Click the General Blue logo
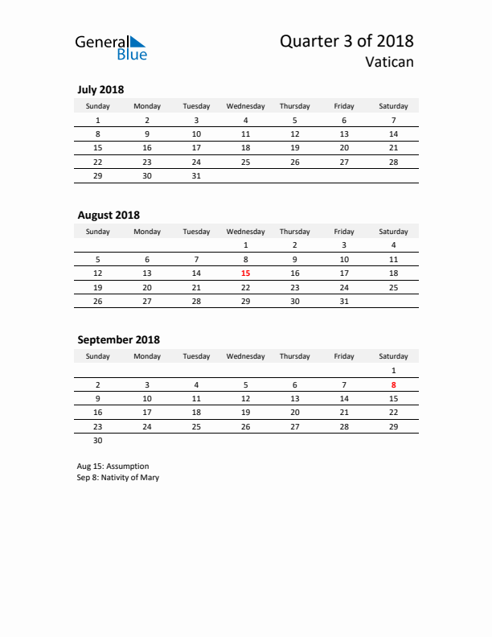[111, 47]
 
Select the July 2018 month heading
[100, 89]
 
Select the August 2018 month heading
[109, 215]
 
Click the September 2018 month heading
[118, 339]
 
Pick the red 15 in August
[246, 273]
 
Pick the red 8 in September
[393, 384]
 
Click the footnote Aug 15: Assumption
[113, 466]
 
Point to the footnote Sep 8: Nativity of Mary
[118, 477]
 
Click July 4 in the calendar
[246, 120]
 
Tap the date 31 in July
[196, 175]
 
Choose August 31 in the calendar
[344, 301]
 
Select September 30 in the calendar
[98, 440]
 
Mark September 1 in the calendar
[393, 371]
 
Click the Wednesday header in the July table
[246, 106]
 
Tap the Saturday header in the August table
[393, 232]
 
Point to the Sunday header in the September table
[98, 356]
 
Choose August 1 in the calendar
[246, 245]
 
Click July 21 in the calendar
[393, 148]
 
